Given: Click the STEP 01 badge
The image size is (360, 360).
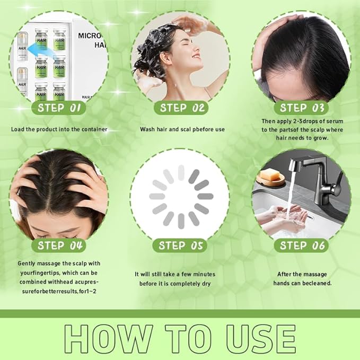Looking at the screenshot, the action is [59, 108].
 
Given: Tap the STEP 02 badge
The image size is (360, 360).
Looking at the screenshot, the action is [181, 108].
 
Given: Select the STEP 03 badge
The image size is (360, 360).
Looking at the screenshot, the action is [301, 108].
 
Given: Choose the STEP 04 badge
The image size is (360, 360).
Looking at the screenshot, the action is [59, 245].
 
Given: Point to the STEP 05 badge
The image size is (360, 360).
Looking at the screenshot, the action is [180, 245].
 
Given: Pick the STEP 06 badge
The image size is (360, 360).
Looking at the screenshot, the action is [301, 245].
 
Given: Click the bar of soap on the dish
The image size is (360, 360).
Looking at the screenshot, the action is [270, 174].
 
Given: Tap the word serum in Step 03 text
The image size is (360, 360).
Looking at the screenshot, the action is [335, 121].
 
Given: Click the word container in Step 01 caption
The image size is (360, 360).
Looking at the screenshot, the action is [94, 129].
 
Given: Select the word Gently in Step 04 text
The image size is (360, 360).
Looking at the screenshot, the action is [27, 264].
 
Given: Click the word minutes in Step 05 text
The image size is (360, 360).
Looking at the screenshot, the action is [204, 274].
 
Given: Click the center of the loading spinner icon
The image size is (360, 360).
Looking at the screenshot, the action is [181, 197].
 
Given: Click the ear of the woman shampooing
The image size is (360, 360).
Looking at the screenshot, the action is [166, 59].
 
